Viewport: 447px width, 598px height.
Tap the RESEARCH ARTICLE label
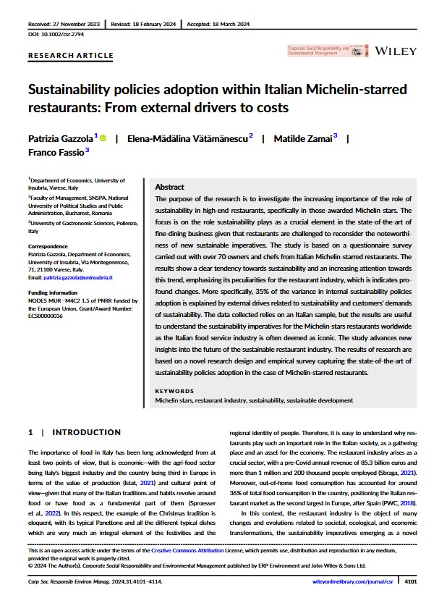point(71,55)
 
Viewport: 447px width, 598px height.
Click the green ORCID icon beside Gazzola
point(103,138)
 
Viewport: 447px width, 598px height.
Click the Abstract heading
point(169,187)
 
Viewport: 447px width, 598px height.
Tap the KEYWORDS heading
point(174,391)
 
